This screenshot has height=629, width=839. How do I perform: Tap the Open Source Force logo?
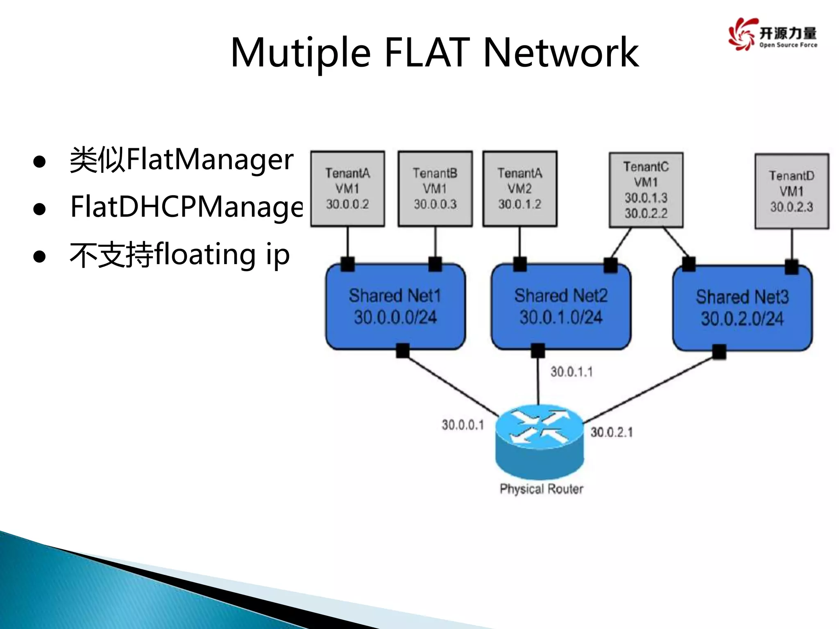tap(773, 34)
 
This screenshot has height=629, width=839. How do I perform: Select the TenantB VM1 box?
tap(435, 189)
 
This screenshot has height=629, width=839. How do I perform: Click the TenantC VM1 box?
tap(646, 190)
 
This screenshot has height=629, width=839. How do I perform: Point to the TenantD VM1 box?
tap(791, 191)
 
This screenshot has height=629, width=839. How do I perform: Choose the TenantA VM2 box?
tap(519, 189)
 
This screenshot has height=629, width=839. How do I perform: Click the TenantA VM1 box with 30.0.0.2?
tap(347, 189)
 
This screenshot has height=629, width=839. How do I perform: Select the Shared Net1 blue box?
tap(395, 307)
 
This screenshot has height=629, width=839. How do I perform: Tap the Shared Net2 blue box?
tap(561, 307)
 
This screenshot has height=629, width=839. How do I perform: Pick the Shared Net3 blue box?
tap(742, 308)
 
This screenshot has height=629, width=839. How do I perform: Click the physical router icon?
tap(540, 440)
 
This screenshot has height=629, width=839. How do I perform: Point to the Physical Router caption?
tap(541, 489)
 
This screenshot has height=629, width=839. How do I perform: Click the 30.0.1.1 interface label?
tap(571, 372)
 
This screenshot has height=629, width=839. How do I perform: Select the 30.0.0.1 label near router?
tap(463, 425)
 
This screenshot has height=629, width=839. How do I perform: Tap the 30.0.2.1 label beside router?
tap(611, 432)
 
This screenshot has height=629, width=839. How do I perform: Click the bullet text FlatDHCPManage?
tap(186, 207)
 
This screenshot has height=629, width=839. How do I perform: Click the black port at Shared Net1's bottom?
tap(403, 351)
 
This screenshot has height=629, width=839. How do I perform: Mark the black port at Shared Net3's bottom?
tap(719, 351)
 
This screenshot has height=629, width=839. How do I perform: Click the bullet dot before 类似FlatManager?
tap(39, 162)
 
